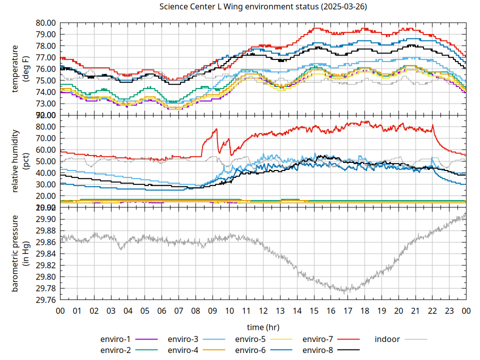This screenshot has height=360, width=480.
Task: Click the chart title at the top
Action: coord(262,7)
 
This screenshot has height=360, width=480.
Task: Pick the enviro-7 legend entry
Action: coord(318,339)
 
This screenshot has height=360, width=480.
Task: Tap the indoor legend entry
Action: coord(387,339)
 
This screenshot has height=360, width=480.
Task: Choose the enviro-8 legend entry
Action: coord(318,349)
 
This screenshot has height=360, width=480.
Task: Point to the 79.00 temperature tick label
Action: coord(45,34)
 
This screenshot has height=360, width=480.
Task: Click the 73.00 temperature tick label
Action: coord(45,103)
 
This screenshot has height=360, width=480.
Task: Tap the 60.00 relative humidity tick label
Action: coord(45,150)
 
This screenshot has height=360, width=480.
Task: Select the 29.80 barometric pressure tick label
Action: coord(45,277)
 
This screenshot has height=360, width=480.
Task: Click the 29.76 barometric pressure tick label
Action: coord(45,300)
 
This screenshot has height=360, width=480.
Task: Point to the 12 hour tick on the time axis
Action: coord(263,310)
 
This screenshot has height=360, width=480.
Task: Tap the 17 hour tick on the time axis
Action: coord(347,310)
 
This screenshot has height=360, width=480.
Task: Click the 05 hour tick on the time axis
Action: coord(144,310)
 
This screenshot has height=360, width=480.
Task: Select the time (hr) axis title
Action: coord(263,327)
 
